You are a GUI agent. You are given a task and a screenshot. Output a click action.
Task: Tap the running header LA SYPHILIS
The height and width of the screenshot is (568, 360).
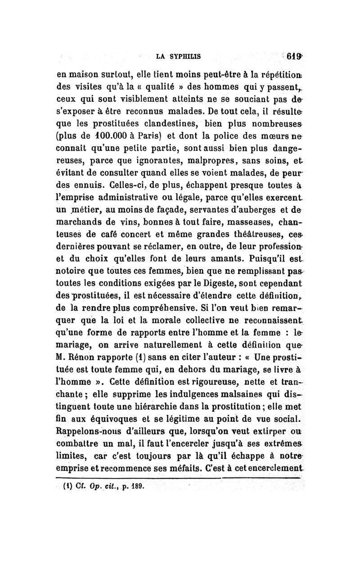click(x=178, y=57)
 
